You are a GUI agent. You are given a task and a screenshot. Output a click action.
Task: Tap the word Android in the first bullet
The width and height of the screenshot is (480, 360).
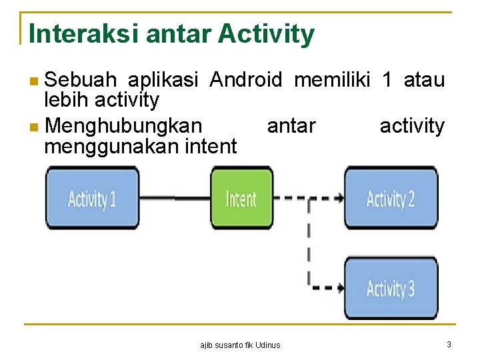246,81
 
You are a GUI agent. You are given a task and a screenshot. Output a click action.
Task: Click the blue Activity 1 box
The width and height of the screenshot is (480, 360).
92,198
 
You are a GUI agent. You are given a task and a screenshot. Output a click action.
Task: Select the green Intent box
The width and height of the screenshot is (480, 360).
241,198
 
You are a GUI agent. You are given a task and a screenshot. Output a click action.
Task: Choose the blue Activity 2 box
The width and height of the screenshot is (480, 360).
391,198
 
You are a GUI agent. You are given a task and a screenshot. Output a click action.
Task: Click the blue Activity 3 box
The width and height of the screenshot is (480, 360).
391,288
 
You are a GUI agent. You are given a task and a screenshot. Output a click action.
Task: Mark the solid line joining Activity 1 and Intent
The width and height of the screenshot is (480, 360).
175,198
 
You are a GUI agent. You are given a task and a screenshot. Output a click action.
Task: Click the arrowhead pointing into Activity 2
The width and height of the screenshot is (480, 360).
340,198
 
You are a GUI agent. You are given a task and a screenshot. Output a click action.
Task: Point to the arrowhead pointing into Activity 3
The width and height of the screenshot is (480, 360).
340,288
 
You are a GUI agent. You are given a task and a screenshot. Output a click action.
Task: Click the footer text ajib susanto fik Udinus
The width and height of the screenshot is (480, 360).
241,345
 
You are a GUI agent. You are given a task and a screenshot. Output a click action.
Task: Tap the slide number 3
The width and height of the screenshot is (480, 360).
449,344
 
